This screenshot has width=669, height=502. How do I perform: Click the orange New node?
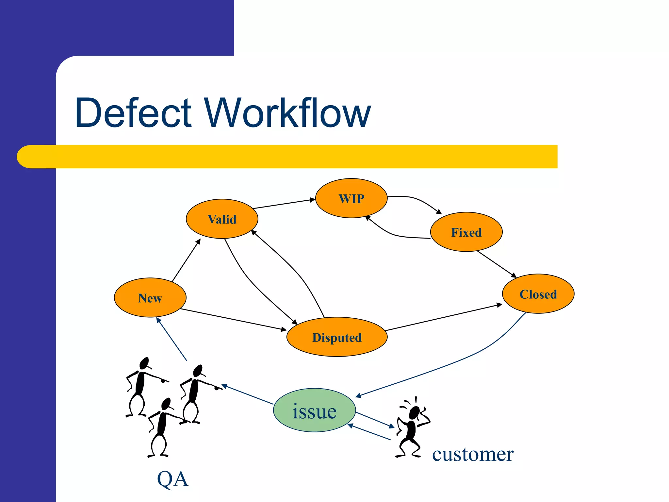150,297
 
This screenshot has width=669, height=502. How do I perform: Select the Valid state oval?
222,219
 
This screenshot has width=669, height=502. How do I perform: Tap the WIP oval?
351,198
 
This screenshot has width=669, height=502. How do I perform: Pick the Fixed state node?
466,232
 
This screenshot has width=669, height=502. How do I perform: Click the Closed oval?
538,294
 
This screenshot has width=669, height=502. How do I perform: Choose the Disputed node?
337,337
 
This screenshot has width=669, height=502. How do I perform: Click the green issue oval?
314,410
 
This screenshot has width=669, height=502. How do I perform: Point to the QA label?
173,479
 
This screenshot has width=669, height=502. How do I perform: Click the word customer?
473,454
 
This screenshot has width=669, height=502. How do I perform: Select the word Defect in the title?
133,113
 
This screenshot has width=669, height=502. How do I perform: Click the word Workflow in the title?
288,113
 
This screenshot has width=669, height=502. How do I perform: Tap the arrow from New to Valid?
186,260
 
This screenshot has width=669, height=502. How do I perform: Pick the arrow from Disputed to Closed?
444,317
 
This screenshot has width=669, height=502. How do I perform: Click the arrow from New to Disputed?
233,319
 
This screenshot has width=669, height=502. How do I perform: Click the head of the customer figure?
414,413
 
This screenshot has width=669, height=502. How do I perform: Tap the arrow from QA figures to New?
171,339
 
